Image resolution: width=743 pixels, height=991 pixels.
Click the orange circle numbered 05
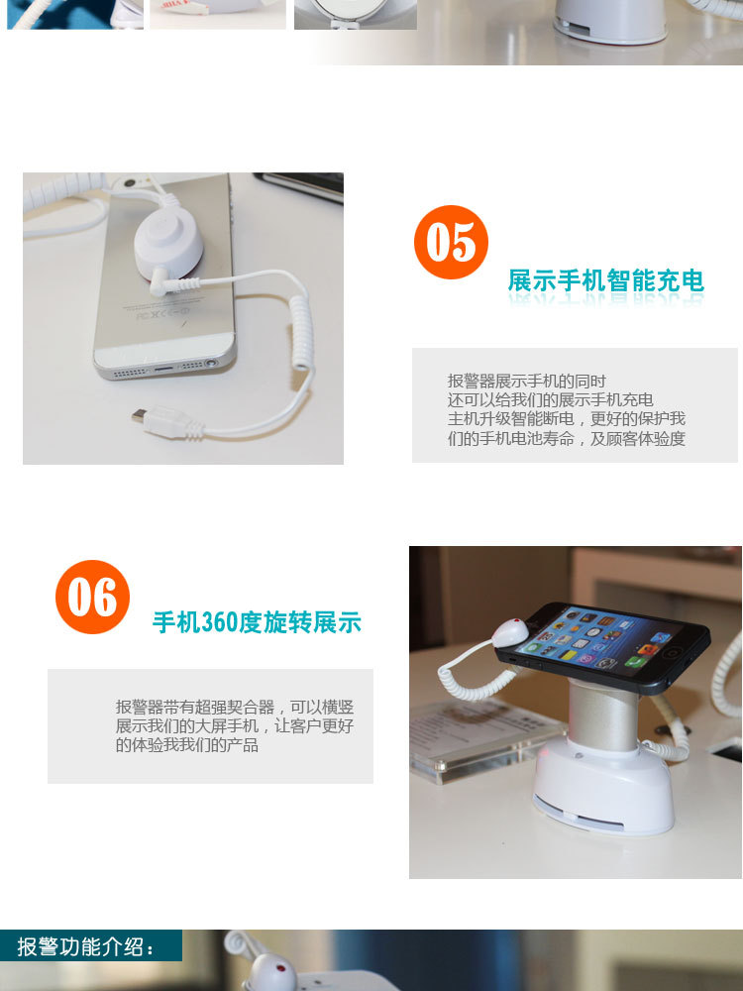[451, 242]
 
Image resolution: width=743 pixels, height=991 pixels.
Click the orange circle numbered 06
[92, 597]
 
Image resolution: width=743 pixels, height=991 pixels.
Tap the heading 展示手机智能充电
[606, 280]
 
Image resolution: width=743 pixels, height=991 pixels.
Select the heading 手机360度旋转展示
[257, 622]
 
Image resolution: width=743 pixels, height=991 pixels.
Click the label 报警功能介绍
[85, 946]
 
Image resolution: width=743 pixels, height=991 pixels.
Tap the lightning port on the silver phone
[163, 368]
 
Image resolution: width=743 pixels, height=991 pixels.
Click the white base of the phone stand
[603, 787]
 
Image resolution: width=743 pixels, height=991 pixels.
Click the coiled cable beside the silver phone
[301, 332]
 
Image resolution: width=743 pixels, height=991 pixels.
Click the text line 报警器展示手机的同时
[526, 382]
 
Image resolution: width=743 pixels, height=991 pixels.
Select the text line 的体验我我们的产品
[186, 745]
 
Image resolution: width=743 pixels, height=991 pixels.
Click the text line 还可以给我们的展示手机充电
[550, 400]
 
